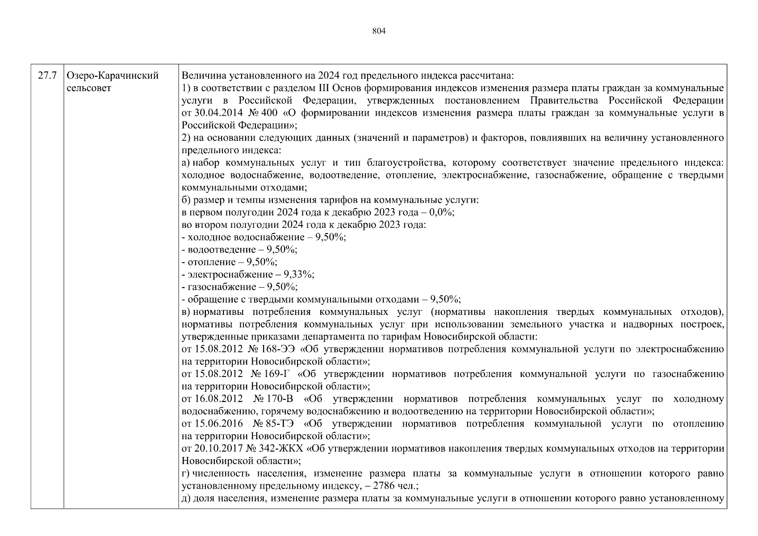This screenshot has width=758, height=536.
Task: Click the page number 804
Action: pyautogui.click(x=379, y=31)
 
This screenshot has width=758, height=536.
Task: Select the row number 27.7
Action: pyautogui.click(x=47, y=76)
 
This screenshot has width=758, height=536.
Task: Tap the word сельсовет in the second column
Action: pyautogui.click(x=88, y=88)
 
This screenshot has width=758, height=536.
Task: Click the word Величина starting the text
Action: pyautogui.click(x=200, y=76)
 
